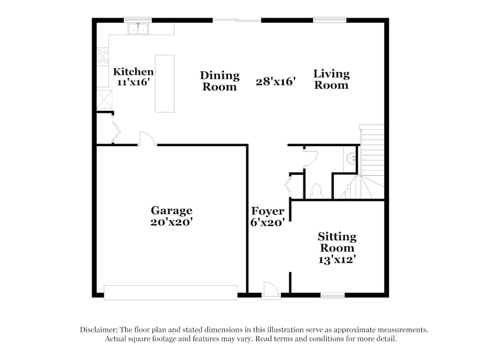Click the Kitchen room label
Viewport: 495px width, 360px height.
click(133, 71)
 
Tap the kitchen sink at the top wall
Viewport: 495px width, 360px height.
click(138, 29)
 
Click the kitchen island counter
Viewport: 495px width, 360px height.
click(164, 83)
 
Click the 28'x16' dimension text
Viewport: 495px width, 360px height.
click(276, 82)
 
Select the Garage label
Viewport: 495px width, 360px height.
click(171, 211)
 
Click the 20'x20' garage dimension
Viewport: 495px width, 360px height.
click(171, 223)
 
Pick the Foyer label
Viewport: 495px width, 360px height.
click(267, 211)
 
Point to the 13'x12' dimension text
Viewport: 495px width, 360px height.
click(337, 259)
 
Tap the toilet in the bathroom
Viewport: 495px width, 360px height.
click(316, 191)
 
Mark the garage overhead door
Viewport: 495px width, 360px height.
click(171, 292)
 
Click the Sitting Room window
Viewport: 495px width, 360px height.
click(332, 296)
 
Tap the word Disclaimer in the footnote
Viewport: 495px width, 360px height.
click(98, 330)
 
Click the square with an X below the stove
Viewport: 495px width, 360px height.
click(105, 99)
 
